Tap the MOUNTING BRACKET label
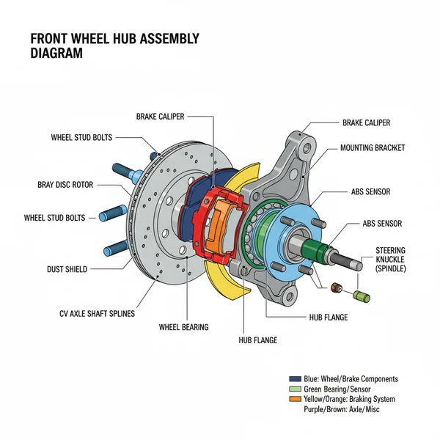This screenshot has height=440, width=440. point(373,147)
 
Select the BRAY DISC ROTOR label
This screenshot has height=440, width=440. point(65,185)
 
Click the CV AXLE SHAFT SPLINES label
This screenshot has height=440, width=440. point(98,313)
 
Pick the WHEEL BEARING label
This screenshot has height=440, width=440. point(183,326)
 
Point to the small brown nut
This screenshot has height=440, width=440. point(338,287)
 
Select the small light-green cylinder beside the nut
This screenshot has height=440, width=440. point(360,296)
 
